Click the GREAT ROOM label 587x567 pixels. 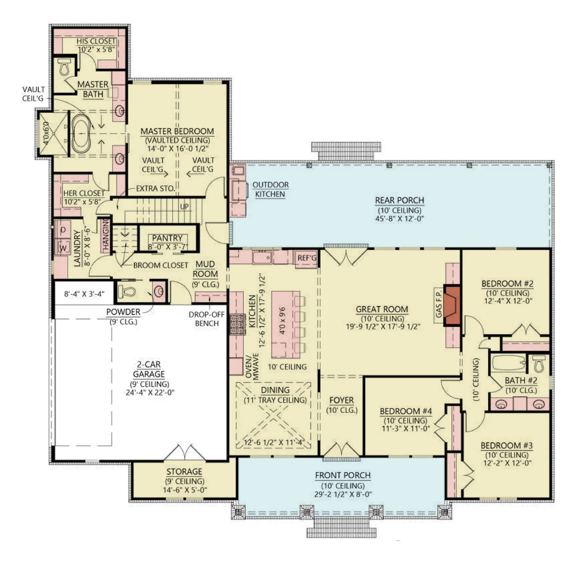(382, 309)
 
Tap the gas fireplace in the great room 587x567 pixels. (452, 305)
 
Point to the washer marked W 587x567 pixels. (63, 248)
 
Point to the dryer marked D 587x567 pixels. (63, 230)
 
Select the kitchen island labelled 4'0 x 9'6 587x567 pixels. (285, 325)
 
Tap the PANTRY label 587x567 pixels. (167, 238)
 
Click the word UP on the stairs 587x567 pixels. (185, 207)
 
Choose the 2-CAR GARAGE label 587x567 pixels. (149, 369)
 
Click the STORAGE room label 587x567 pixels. (184, 472)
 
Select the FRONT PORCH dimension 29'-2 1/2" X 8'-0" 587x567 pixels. (343, 494)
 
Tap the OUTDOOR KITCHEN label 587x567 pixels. (270, 189)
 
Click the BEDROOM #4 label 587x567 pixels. (406, 411)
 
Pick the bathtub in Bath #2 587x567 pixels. (509, 363)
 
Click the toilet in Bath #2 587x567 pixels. (539, 364)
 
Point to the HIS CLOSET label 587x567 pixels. (96, 41)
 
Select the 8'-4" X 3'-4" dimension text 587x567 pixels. (84, 294)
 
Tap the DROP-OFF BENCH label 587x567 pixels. (207, 319)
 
